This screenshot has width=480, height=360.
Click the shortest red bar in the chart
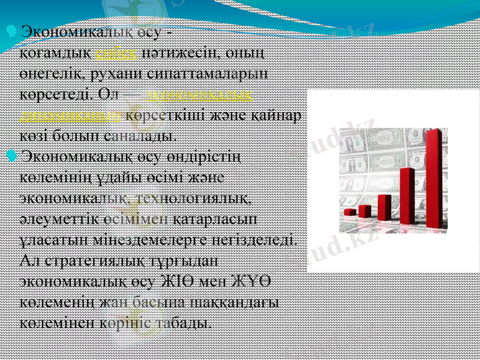click(x=349, y=212)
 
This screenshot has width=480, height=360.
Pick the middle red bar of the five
click(x=384, y=207)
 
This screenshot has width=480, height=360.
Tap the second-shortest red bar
click(x=364, y=211)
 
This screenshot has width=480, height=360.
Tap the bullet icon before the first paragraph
click(x=13, y=29)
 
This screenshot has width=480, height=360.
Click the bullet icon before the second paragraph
click(x=13, y=157)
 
